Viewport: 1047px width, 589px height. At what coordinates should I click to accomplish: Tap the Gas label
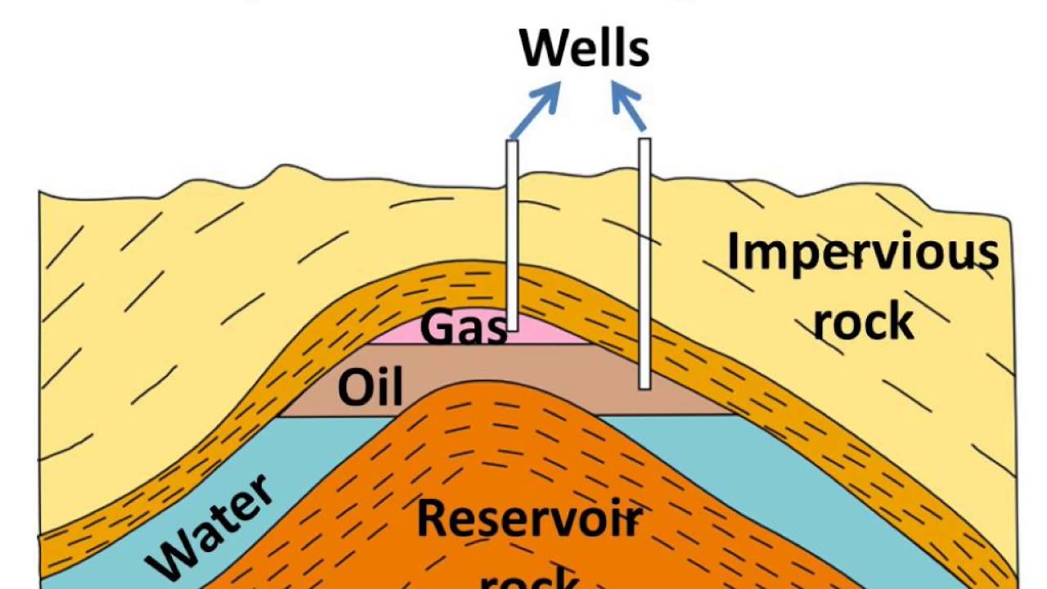463,328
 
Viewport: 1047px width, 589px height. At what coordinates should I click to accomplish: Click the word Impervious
862,252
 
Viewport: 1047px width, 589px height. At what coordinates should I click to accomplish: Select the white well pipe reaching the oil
645,262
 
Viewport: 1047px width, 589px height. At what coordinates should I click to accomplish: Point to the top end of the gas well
513,143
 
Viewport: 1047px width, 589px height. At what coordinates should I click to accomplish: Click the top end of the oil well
645,141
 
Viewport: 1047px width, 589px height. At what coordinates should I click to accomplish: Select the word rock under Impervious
863,321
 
